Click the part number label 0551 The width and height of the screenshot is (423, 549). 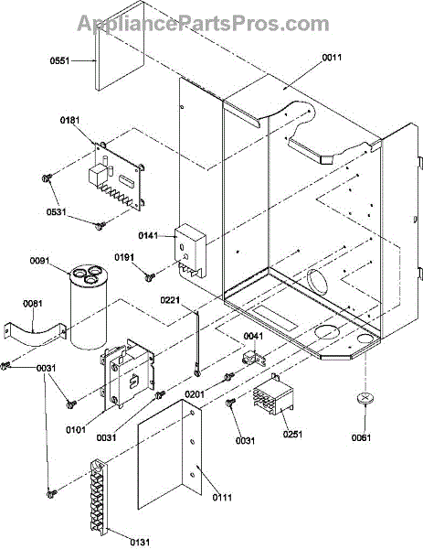pos(59,61)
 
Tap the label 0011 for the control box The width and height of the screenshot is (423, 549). pos(332,58)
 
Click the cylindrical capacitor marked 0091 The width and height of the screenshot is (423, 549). pos(88,307)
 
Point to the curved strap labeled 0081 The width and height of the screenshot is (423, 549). pos(34,333)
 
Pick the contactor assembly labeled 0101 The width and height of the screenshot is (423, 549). pos(128,373)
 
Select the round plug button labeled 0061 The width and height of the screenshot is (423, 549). pos(364,398)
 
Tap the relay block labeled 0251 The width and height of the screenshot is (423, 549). pos(274,394)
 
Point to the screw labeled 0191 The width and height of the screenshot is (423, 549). pos(150,277)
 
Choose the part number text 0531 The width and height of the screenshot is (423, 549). pos(56,212)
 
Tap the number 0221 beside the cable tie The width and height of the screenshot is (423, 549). pos(170,300)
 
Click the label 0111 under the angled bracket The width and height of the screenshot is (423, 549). pos(222,497)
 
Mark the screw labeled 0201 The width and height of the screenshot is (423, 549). pos(228,376)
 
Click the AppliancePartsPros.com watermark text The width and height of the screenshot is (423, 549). pos(203,24)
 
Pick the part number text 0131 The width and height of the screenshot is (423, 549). pos(140,543)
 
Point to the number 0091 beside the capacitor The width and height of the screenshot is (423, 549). pos(39,261)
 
